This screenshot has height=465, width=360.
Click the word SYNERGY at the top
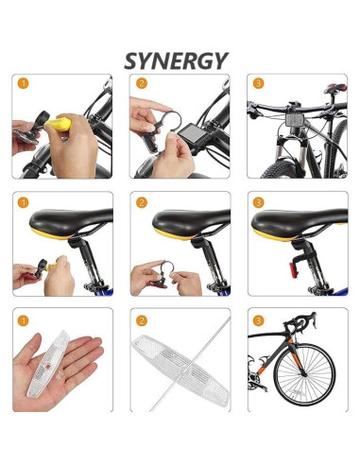pyautogui.click(x=176, y=60)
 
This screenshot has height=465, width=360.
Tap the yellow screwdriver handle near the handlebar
pyautogui.click(x=58, y=124)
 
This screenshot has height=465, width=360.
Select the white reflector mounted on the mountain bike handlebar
pyautogui.click(x=295, y=120)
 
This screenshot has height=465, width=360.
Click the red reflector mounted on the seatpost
pyautogui.click(x=294, y=270)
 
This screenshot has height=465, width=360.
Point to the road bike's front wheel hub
pyautogui.click(x=304, y=374)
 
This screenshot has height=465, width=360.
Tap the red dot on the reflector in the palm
pyautogui.click(x=47, y=367)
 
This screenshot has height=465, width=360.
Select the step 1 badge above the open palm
pyautogui.click(x=23, y=321)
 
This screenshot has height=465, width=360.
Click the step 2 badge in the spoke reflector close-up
pyautogui.click(x=142, y=321)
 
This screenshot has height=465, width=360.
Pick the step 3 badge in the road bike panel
pyautogui.click(x=258, y=321)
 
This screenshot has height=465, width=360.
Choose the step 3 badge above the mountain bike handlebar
pyautogui.click(x=258, y=83)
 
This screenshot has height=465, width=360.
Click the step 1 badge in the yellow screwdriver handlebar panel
pyautogui.click(x=23, y=83)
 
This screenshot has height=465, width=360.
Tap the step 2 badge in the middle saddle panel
pyautogui.click(x=142, y=202)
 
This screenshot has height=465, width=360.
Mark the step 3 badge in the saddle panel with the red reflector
pyautogui.click(x=258, y=202)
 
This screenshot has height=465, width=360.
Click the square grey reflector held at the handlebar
pyautogui.click(x=189, y=134)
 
